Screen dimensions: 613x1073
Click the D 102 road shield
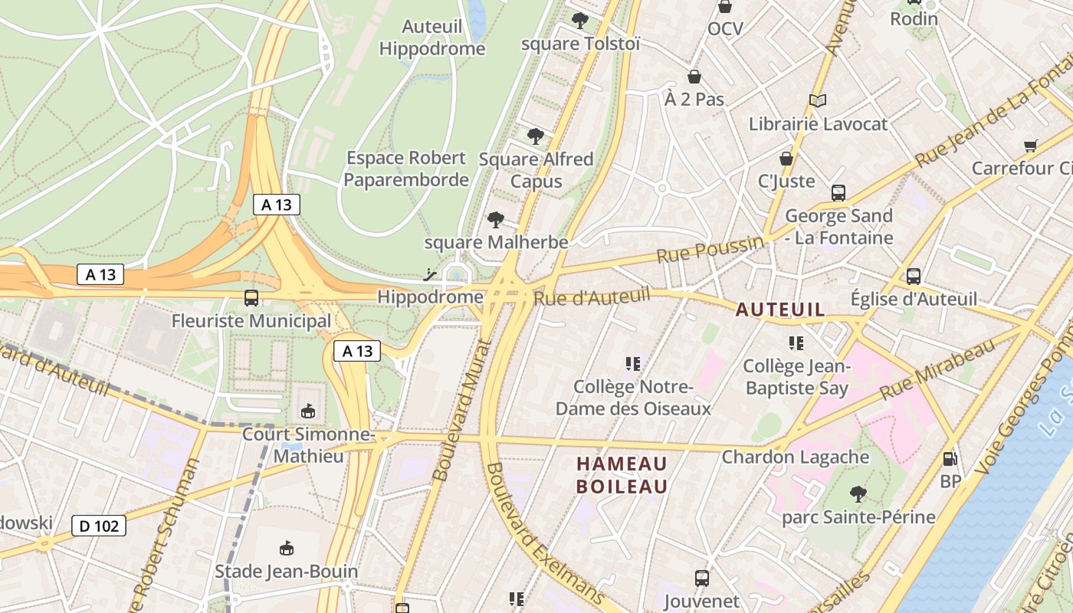click(x=99, y=526)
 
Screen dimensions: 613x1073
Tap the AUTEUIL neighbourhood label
click(x=780, y=310)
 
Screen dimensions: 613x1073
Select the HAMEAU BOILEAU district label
click(x=622, y=475)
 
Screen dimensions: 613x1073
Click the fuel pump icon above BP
click(x=950, y=459)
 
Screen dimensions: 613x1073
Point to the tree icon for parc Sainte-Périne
click(x=858, y=494)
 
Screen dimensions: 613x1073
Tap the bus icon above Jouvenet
click(x=701, y=578)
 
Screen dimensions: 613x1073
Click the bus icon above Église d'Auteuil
click(x=914, y=276)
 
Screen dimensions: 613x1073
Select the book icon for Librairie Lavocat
click(x=818, y=100)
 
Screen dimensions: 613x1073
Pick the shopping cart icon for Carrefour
click(x=1031, y=146)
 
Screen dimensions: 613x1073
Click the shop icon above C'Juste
click(x=786, y=159)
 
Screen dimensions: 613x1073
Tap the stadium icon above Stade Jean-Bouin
click(x=287, y=548)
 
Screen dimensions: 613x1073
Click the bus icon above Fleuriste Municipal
click(x=251, y=298)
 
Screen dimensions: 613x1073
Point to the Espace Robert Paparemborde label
click(x=406, y=169)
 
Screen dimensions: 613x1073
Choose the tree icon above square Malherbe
click(x=496, y=220)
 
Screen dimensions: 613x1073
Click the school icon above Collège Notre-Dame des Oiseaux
click(x=633, y=363)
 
